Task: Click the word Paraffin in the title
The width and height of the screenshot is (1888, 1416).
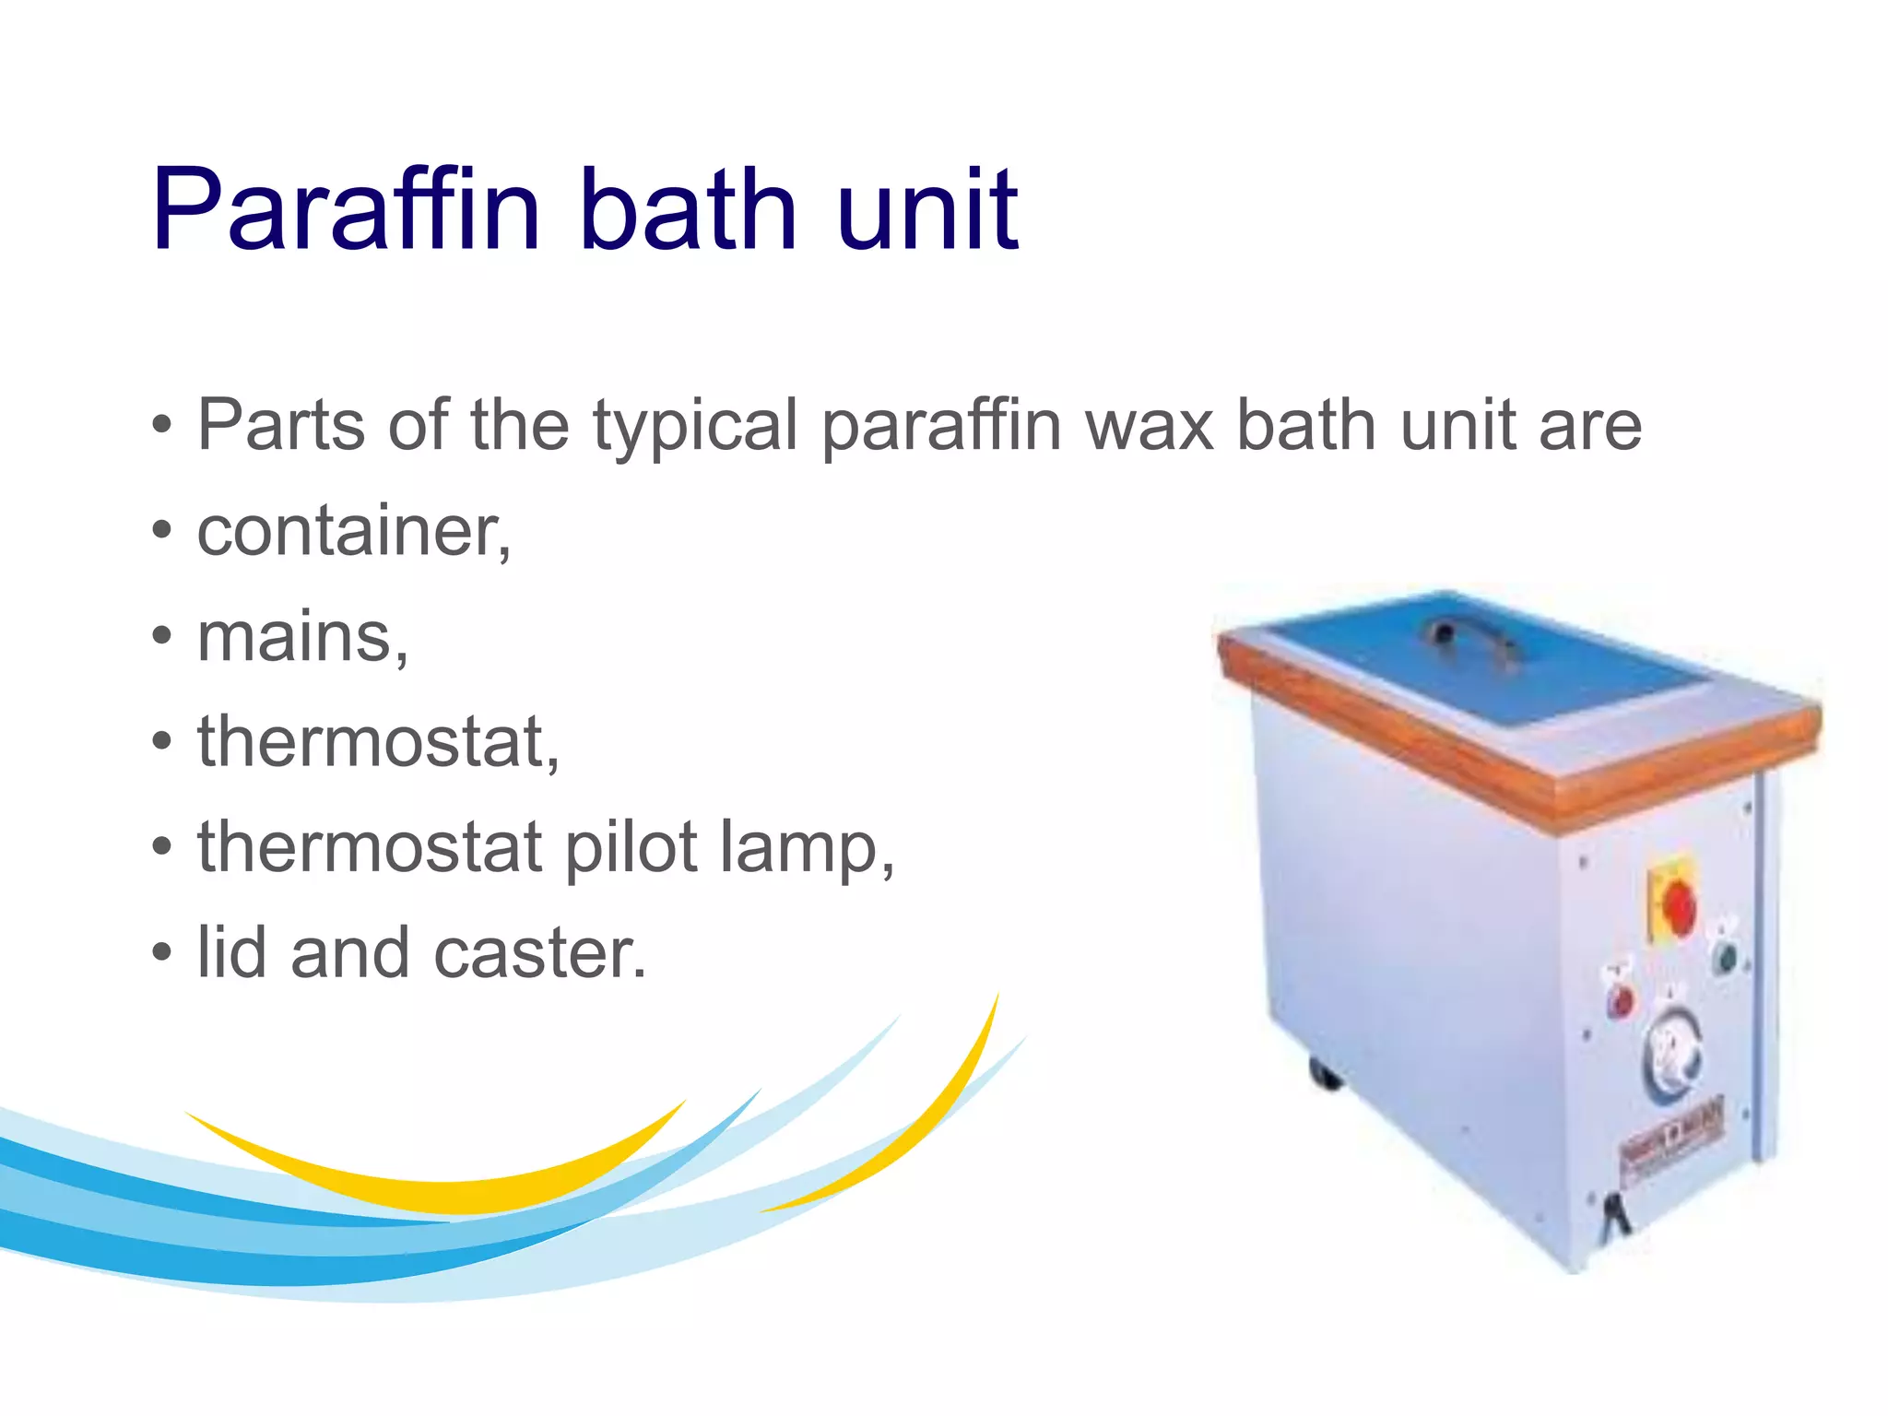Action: (x=346, y=210)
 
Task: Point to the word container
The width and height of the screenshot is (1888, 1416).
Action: (x=353, y=532)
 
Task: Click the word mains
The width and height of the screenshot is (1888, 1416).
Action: (x=302, y=638)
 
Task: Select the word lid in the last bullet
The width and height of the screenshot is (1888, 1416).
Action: (x=232, y=952)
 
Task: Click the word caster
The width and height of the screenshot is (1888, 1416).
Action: (x=539, y=954)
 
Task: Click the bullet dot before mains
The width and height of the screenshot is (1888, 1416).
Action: (x=162, y=637)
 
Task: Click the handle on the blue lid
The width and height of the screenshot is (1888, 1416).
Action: (x=1469, y=635)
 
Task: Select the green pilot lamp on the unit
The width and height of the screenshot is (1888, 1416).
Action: (x=1724, y=956)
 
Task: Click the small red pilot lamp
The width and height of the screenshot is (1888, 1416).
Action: (x=1620, y=1000)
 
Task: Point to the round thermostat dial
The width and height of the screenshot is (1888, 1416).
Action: (x=1671, y=1055)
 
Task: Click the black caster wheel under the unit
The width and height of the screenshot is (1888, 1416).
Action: (x=1324, y=1073)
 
